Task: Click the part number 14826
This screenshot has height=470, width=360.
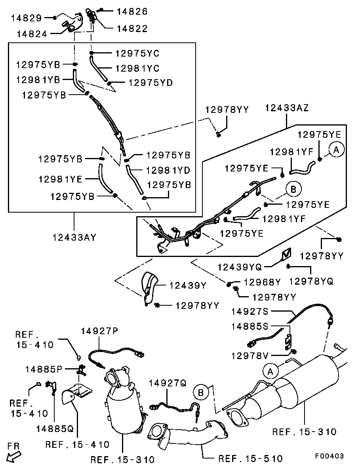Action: tap(132, 12)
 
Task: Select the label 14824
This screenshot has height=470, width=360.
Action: tap(32, 34)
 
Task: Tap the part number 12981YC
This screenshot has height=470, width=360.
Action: tap(137, 69)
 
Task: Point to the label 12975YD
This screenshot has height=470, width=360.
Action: tap(150, 83)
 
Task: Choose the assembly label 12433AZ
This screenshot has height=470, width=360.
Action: tap(287, 108)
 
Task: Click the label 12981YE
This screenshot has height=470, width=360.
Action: tap(60, 179)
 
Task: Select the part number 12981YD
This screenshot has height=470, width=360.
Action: tap(168, 170)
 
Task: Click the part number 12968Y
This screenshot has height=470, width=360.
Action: tap(262, 282)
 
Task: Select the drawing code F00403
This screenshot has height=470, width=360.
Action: tap(329, 456)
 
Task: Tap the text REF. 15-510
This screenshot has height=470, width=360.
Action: tap(250, 459)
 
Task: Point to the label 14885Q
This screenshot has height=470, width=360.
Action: tap(55, 428)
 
